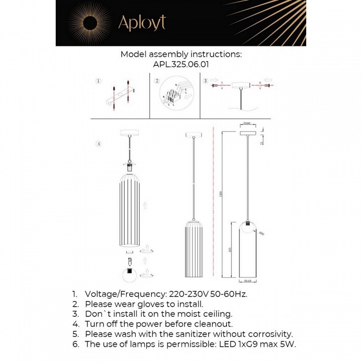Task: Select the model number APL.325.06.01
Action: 180,64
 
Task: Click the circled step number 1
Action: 99,81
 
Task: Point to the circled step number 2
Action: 157,81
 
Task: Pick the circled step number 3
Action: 205,81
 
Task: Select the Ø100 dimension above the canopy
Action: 247,123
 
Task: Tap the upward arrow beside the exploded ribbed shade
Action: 145,205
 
